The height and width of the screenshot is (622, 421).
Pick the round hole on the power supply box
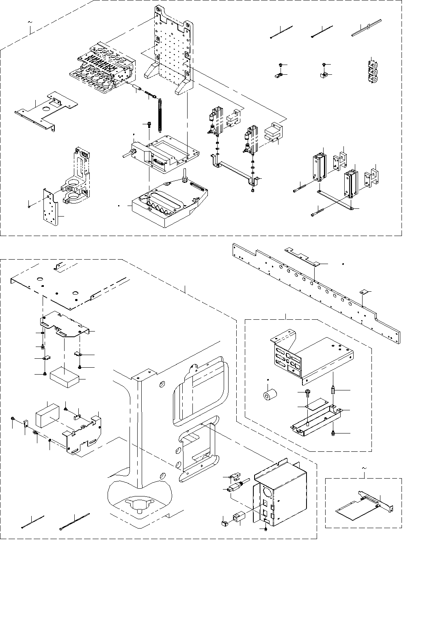pyautogui.click(x=267, y=490)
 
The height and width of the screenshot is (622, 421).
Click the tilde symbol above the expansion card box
pyautogui.click(x=363, y=469)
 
